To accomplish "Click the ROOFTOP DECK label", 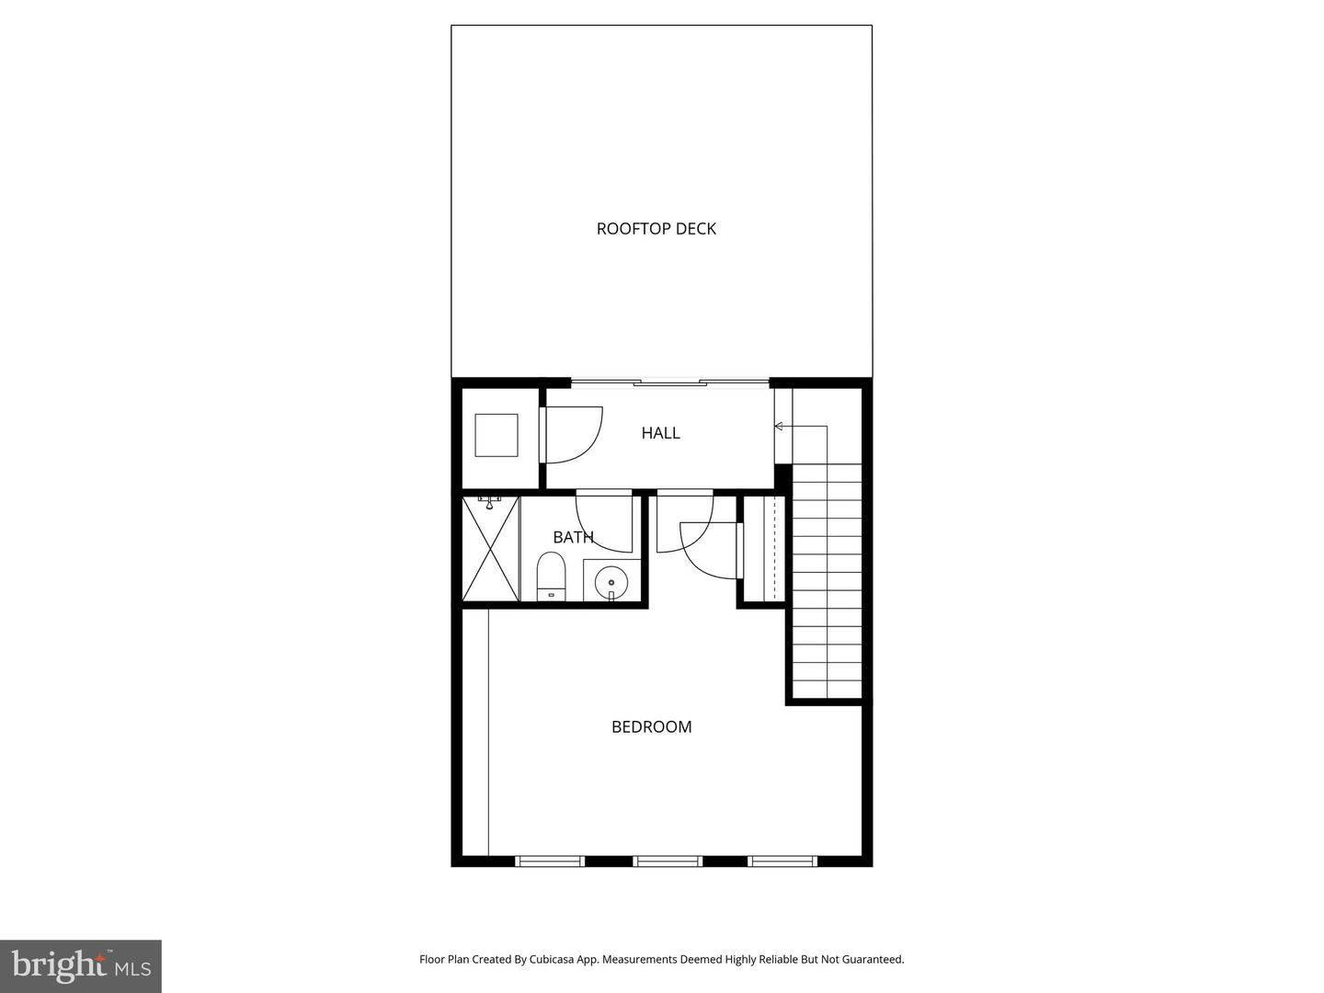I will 656,229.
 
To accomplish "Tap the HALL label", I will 660,433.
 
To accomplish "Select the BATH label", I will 573,537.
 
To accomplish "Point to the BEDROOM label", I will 651,727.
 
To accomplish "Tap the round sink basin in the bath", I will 611,581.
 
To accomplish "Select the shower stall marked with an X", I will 491,549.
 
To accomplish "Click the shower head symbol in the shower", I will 489,501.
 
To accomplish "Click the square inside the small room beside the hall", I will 496,435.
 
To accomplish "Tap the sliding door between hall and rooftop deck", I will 669,382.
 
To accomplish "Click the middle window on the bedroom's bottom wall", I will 668,862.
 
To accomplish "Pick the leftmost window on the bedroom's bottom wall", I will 550,862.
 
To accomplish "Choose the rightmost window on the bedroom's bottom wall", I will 782,862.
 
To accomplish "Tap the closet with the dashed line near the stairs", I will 763,550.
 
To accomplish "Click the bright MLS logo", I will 81,965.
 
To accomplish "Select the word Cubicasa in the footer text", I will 553,959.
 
